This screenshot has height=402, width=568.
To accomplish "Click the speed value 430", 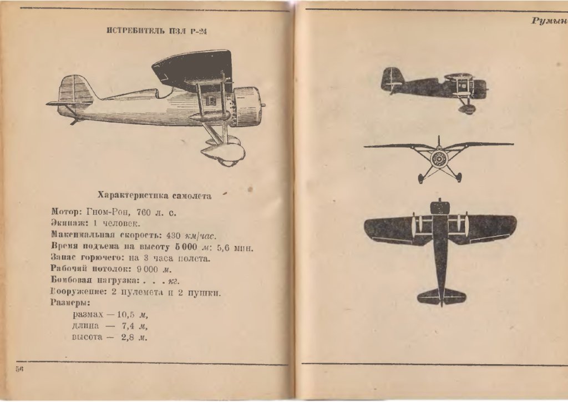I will pyautogui.click(x=173, y=235).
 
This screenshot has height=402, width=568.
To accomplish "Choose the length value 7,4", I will pyautogui.click(x=129, y=326).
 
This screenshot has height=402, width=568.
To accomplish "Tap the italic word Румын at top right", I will pyautogui.click(x=549, y=21).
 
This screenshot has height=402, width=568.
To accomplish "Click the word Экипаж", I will pyautogui.click(x=67, y=223).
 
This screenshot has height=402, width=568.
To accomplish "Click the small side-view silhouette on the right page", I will pyautogui.click(x=433, y=87).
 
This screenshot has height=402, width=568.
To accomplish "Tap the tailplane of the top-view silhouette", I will pyautogui.click(x=442, y=295).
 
